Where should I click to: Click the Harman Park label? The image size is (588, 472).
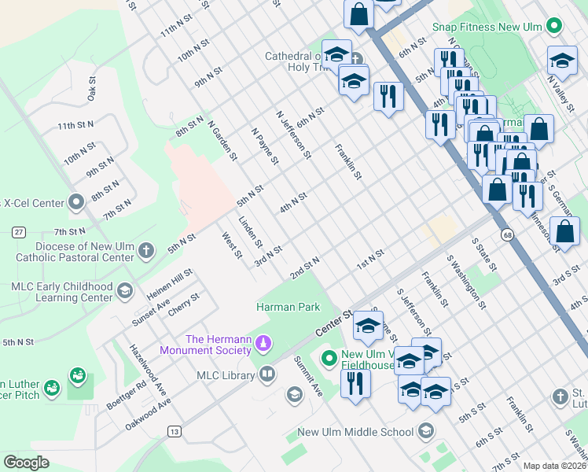[x=288, y=307]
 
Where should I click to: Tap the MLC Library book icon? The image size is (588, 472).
[x=267, y=374]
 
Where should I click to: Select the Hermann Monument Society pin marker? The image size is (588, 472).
[x=265, y=343]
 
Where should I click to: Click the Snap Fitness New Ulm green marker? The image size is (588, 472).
[x=555, y=26]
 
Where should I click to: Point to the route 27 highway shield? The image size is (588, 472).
[x=18, y=231]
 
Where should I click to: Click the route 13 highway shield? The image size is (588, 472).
[x=174, y=431]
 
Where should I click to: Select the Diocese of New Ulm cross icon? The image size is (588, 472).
[x=145, y=251]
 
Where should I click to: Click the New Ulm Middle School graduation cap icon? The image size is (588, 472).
[x=425, y=431]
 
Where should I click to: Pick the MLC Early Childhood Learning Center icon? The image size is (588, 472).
[x=124, y=292]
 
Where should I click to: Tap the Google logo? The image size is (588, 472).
[x=27, y=463]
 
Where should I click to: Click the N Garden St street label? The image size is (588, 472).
[x=222, y=140]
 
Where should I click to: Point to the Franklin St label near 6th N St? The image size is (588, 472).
[x=347, y=162]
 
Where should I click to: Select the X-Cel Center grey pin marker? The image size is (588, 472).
[x=76, y=202]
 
